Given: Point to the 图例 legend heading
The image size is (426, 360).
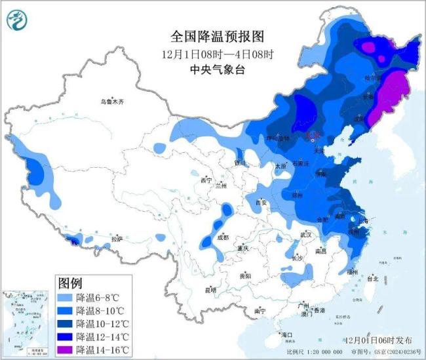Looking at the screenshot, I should pos(70,283).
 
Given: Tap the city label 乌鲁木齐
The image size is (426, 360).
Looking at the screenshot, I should pos(111,102).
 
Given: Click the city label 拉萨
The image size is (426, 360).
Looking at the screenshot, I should pos(116,239).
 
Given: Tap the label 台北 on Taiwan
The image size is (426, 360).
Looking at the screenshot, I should pos(372,279).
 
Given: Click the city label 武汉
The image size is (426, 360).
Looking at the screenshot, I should pos(305,235).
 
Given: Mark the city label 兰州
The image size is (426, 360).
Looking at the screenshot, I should pos(220,186).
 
